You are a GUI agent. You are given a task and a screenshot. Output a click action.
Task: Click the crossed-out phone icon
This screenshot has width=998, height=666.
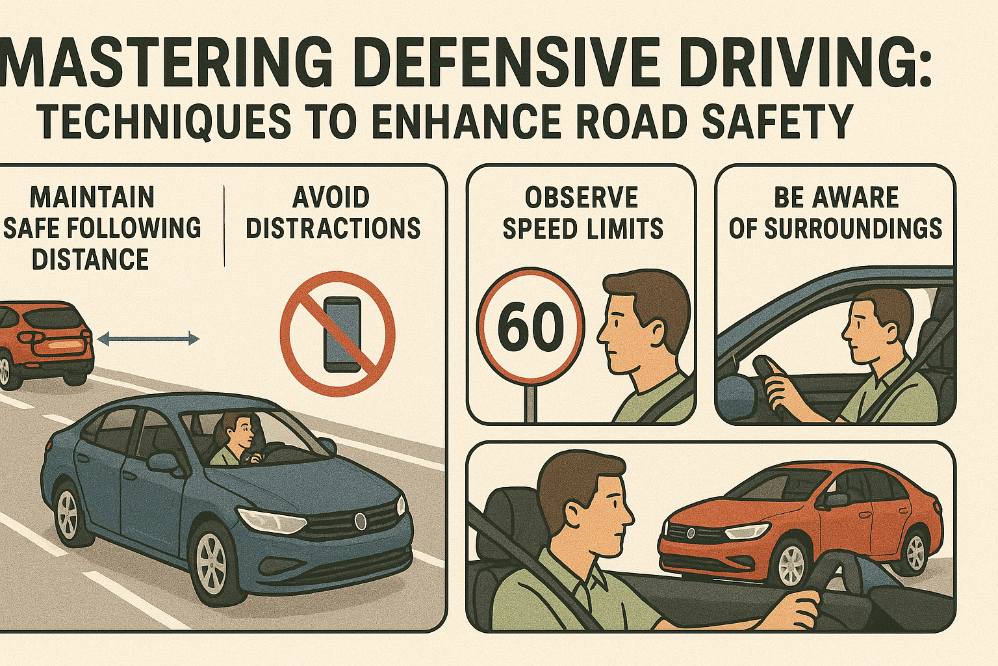pos(338,334)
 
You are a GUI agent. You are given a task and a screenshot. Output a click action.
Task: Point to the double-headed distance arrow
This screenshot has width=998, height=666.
pos(148,339)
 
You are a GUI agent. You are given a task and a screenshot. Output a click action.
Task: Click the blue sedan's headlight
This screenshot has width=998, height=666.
pos(270,520)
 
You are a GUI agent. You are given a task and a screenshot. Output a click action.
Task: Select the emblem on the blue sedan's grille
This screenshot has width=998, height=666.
pos(360,520)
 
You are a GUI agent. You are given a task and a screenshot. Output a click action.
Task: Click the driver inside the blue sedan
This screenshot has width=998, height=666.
pos(236,439)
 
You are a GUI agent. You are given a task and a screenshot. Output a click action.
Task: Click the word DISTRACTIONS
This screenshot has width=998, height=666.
pos(333,228)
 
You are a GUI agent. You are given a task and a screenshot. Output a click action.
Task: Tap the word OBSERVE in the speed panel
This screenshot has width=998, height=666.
pos(582,197)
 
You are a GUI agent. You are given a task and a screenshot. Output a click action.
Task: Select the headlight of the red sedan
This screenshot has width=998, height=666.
pos(747,531)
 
